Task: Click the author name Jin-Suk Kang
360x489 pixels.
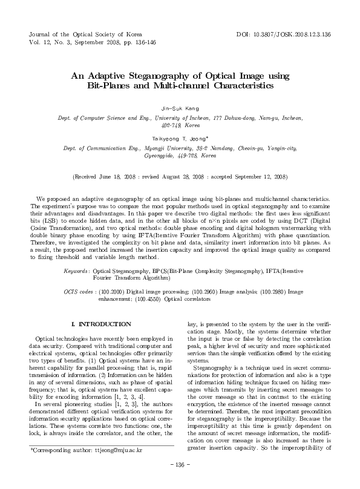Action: click(180, 108)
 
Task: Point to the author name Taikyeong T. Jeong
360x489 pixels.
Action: click(180, 137)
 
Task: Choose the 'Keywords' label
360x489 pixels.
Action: click(77, 272)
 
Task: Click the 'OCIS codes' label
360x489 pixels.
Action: click(78, 292)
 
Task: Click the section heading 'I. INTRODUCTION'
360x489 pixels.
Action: click(101, 324)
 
